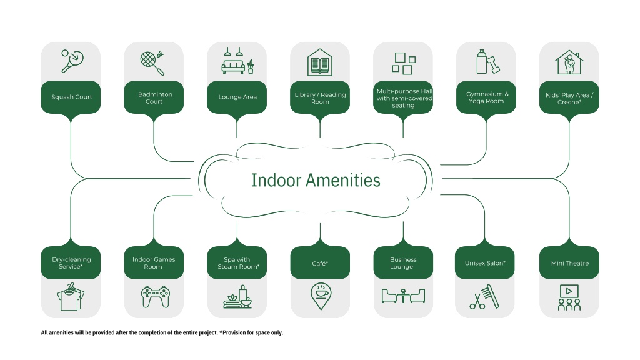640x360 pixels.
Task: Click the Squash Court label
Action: point(71,97)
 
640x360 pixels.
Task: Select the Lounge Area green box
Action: point(237,97)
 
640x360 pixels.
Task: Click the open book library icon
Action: point(320,62)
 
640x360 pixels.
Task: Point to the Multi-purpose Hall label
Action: point(404,98)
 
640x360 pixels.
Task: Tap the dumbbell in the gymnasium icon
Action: point(494,64)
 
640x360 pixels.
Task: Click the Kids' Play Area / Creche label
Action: point(569,98)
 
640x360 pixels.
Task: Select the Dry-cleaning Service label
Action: point(71,263)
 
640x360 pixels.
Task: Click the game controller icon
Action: point(156,296)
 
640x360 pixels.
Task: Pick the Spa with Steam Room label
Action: point(238,263)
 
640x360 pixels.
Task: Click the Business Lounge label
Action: point(403,263)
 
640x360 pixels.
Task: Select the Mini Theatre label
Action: point(570,263)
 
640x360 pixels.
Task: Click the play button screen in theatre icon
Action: point(569,291)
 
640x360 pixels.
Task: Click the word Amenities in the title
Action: point(343,181)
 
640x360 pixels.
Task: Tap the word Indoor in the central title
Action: point(276,181)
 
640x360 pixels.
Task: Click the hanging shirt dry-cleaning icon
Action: point(71,297)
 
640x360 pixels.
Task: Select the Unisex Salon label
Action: point(485,263)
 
